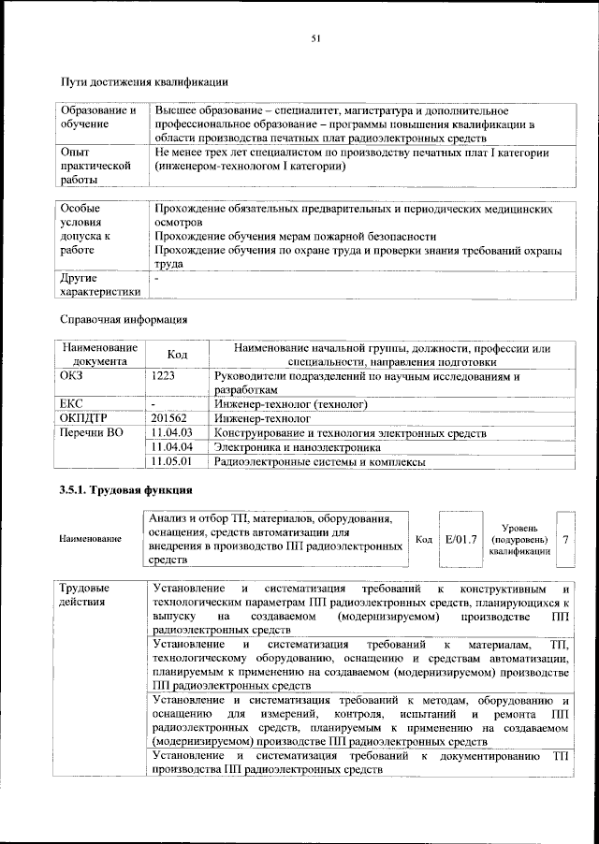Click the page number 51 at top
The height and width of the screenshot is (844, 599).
pyautogui.click(x=315, y=38)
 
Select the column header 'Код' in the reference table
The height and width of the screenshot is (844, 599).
pyautogui.click(x=177, y=355)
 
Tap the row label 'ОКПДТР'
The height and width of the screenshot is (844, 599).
pyautogui.click(x=82, y=418)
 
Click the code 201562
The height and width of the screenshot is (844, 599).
pyautogui.click(x=169, y=418)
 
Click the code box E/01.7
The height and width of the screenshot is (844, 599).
pyautogui.click(x=461, y=539)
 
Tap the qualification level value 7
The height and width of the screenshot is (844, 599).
pyautogui.click(x=565, y=539)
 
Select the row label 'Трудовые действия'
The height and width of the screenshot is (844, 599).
pyautogui.click(x=84, y=595)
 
